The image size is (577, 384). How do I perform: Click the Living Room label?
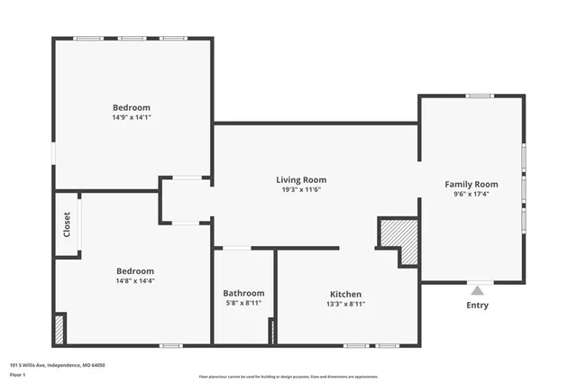(301, 179)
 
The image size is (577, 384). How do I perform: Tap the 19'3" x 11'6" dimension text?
(301, 189)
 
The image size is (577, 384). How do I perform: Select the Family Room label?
(471, 184)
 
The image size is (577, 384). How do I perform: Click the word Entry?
(477, 305)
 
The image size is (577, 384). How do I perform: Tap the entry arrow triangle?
(477, 290)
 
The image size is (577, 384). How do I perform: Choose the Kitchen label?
(345, 294)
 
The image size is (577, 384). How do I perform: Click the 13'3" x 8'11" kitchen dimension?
(345, 304)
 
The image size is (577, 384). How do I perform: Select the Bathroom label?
(243, 293)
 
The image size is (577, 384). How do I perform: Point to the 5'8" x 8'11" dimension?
(243, 304)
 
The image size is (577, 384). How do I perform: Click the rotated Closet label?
(67, 224)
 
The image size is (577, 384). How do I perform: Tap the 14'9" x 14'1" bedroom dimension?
(132, 117)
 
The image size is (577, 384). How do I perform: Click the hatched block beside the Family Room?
(408, 242)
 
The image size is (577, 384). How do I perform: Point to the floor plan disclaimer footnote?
(288, 377)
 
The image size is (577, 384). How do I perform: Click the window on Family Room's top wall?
(479, 96)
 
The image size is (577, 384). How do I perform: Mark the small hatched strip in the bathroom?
(270, 331)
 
